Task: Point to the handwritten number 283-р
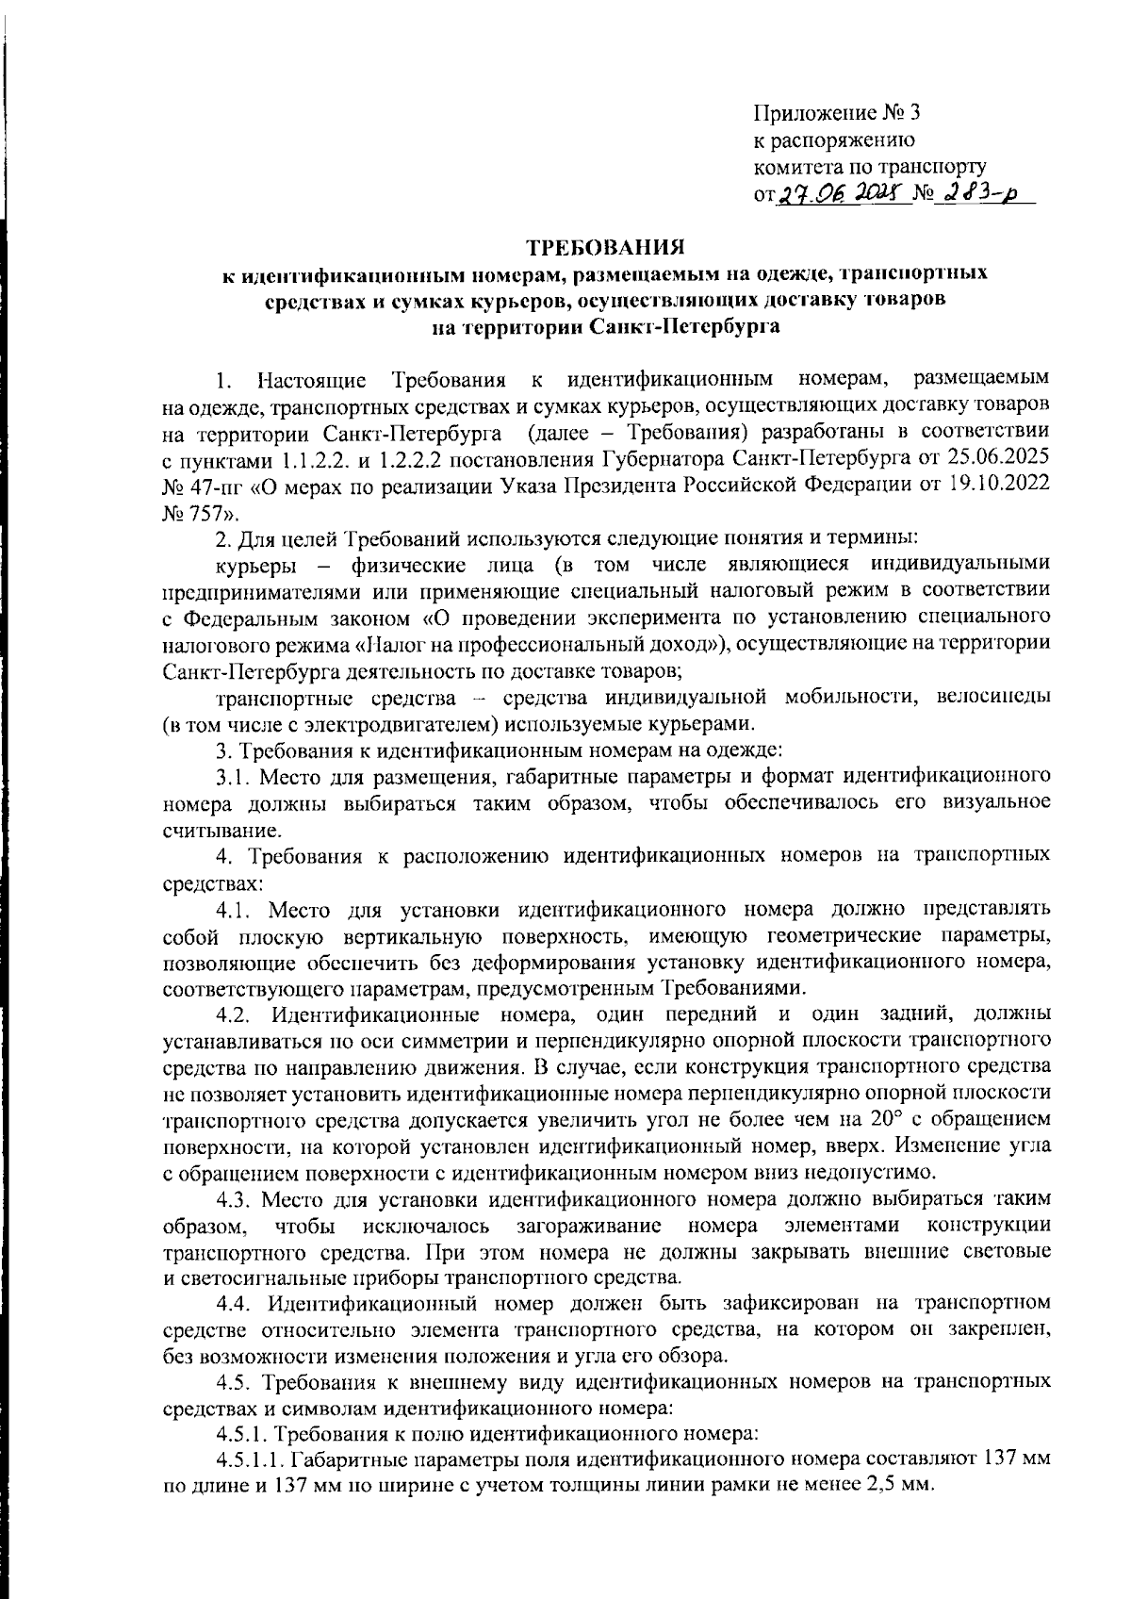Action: pos(975,195)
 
